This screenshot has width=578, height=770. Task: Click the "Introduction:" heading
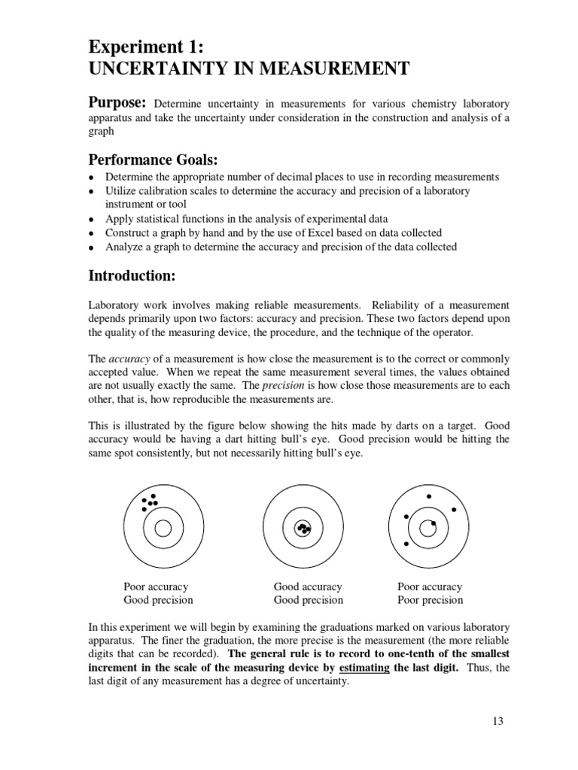tap(132, 277)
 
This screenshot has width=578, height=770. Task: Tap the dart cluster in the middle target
tap(303, 529)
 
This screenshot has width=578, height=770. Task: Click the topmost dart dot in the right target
tap(429, 496)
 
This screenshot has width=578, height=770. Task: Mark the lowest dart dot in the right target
tap(406, 544)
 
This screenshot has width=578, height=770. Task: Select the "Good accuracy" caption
tap(308, 587)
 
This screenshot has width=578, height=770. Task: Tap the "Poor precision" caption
tap(430, 600)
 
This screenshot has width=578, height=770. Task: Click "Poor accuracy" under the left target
tap(156, 587)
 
